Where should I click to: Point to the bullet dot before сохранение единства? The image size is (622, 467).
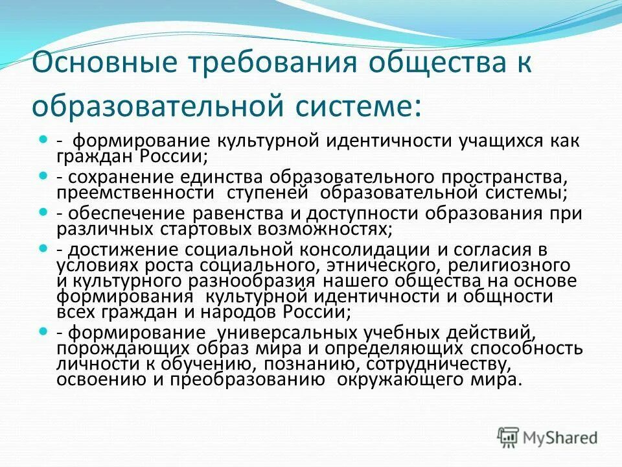(x=44, y=175)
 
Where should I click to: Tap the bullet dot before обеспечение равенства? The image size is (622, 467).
(x=44, y=211)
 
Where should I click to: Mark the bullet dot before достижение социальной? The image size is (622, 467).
(x=44, y=248)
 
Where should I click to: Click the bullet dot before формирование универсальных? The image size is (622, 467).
(x=44, y=331)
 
